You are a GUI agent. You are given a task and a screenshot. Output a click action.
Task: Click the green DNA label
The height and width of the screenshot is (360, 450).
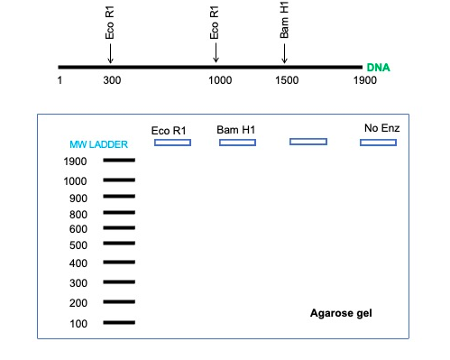[x=378, y=68]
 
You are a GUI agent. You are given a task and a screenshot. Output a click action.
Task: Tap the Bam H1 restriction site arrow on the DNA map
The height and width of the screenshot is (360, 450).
[x=284, y=53]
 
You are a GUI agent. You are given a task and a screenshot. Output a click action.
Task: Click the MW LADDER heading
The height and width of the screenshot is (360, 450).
[x=98, y=144]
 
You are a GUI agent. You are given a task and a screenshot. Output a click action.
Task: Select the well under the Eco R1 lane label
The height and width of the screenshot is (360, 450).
[x=172, y=143]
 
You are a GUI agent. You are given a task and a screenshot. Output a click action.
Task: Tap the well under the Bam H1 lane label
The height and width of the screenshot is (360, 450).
[x=238, y=143]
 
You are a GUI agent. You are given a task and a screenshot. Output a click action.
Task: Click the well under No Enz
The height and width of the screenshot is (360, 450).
[x=378, y=143]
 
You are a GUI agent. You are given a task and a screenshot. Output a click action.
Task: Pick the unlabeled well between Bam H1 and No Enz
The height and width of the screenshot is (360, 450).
[x=308, y=142]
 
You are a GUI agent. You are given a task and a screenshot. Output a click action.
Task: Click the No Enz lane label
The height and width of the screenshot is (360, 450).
[x=381, y=128]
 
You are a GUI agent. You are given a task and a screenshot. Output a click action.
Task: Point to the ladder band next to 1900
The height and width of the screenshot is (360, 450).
[x=119, y=161]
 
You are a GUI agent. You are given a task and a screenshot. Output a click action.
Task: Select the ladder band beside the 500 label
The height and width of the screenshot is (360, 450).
[x=119, y=245]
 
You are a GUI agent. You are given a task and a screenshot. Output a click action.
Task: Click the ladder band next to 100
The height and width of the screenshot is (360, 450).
[x=119, y=322]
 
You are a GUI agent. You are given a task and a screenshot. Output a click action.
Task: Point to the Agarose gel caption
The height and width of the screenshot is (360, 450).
[x=341, y=313]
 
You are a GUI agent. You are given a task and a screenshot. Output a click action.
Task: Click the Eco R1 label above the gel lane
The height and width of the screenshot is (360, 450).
[x=170, y=131]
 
